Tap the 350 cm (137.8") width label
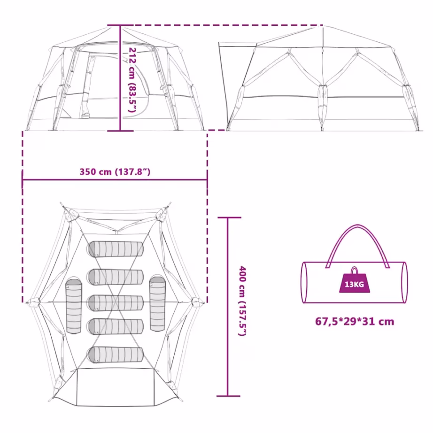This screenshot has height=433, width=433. pos(115,172)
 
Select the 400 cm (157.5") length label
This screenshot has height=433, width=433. pos(242,301)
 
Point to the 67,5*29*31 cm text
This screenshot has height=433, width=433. pos(355,321)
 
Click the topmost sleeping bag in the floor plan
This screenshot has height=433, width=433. pos(116,249)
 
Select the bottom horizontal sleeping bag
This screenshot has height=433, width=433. pos(116,354)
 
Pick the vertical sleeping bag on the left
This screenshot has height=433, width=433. pos(74,306)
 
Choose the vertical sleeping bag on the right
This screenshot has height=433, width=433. pos(157,304)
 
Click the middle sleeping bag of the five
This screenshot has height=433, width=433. pos(116,303)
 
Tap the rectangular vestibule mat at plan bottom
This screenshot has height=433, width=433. pos(116,387)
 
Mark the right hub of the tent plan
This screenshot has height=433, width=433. pos(197,302)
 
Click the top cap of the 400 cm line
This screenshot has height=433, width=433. pos(229,217)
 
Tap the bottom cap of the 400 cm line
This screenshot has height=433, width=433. pos(228,396)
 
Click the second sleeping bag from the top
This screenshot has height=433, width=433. pos(116,277)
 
